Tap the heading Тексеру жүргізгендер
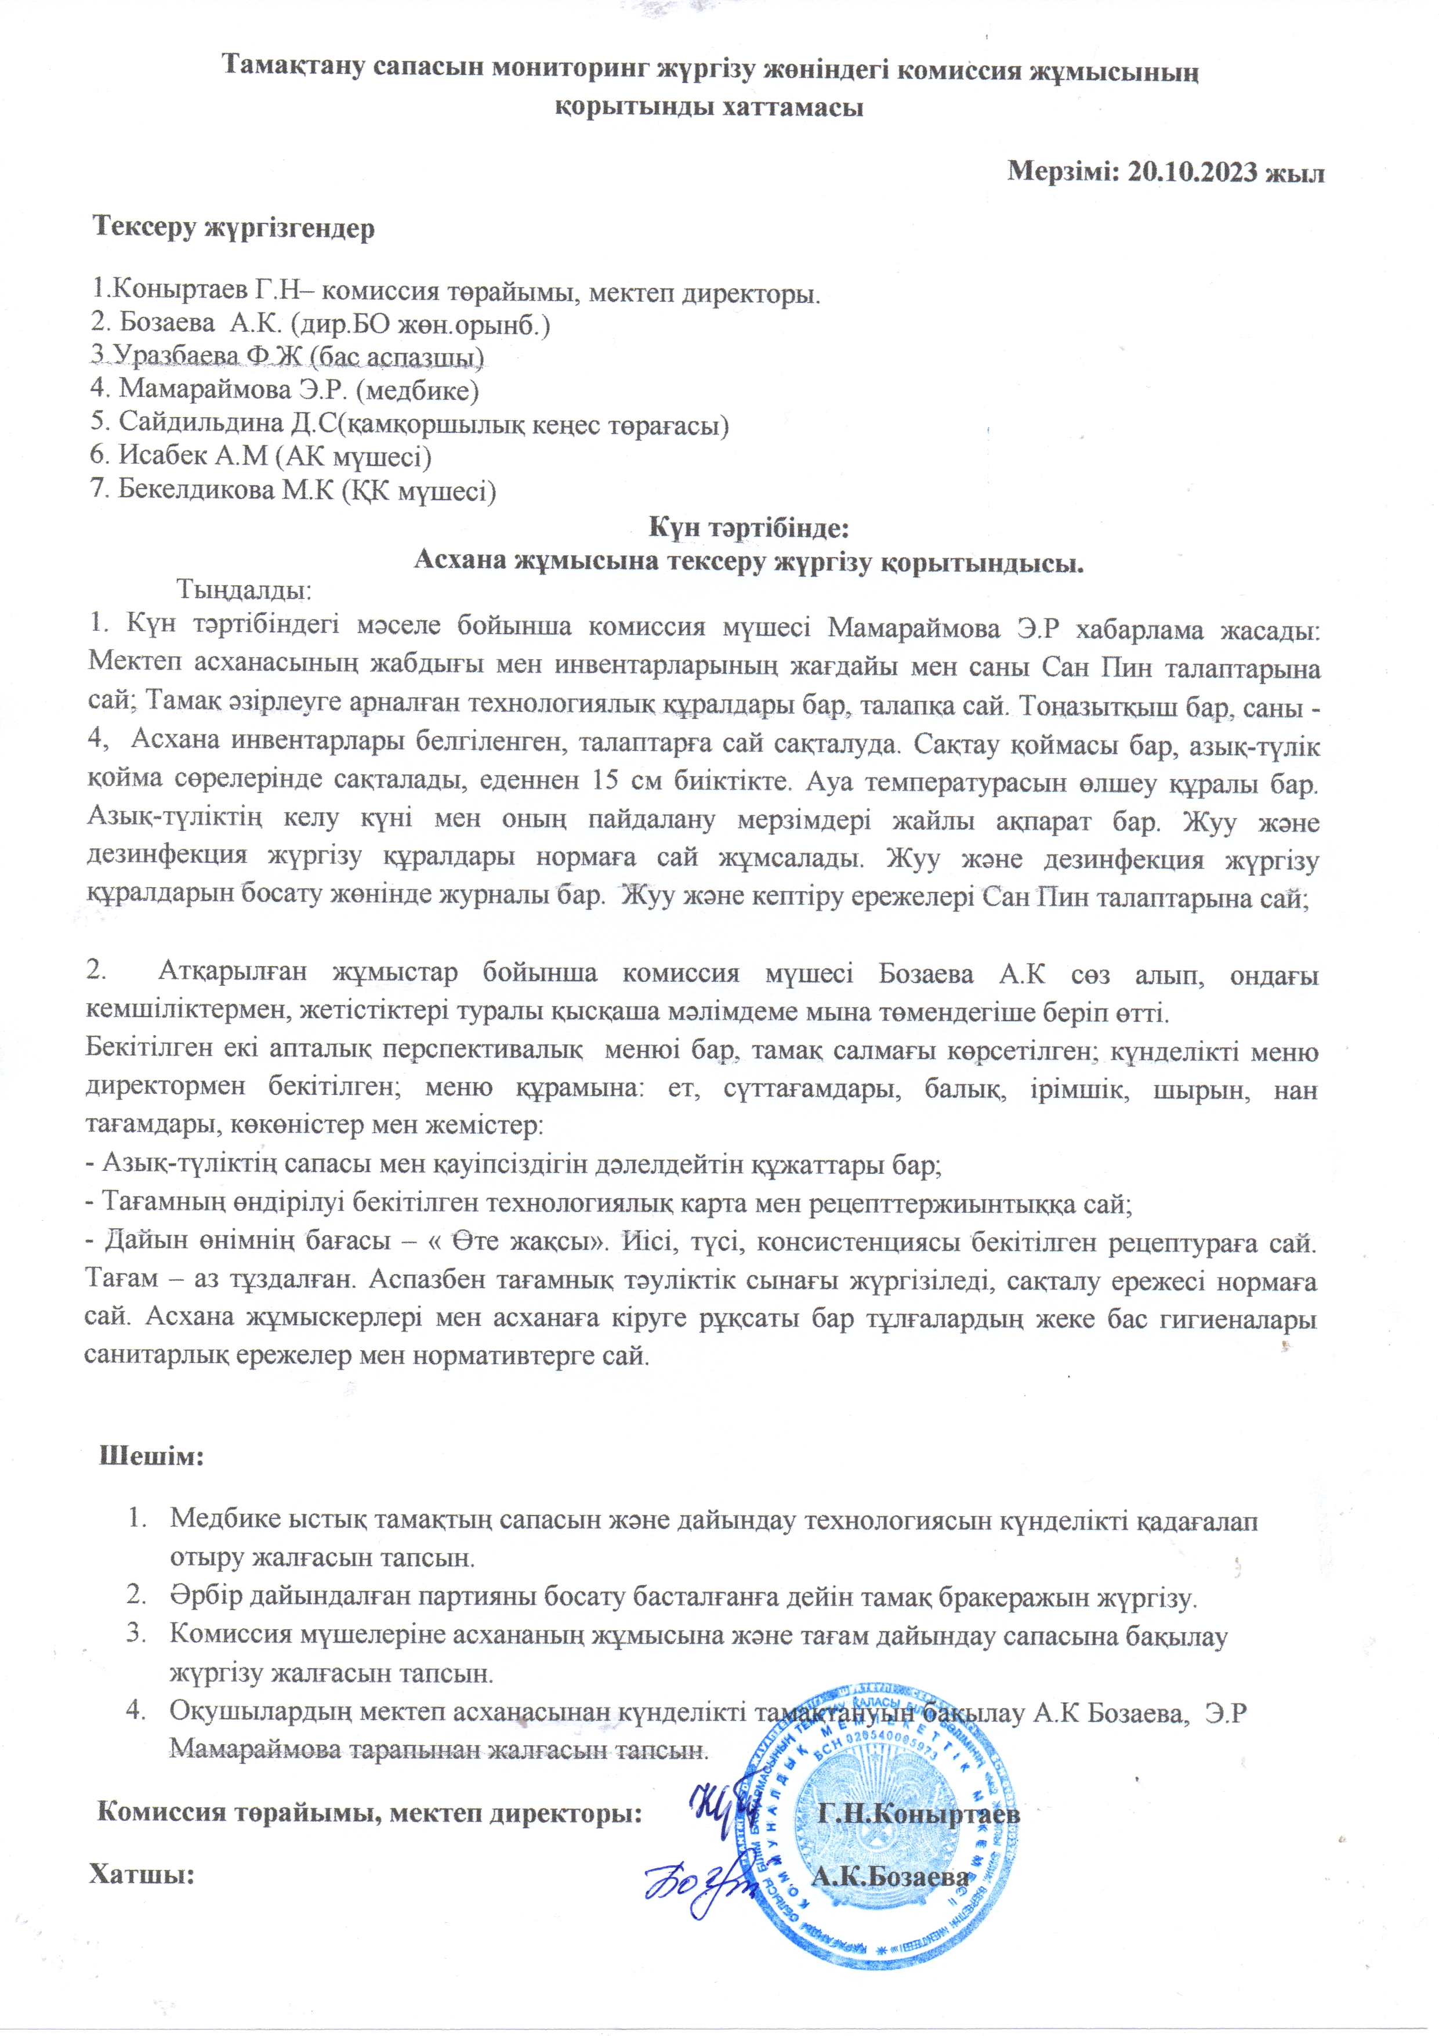(x=234, y=228)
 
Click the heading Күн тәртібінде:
(x=749, y=529)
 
